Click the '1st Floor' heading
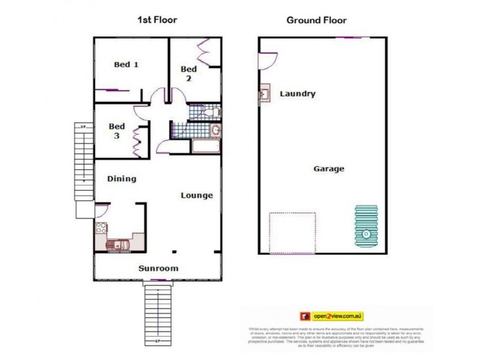tap(157, 20)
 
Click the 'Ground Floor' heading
tap(316, 20)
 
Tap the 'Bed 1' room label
tap(126, 64)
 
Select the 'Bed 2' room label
tap(188, 73)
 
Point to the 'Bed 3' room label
tap(116, 131)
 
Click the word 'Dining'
tap(121, 178)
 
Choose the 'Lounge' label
tap(197, 195)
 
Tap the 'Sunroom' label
tap(158, 268)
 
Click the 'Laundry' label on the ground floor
tap(297, 94)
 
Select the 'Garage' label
tap(329, 169)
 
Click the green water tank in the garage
tap(365, 230)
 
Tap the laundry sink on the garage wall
tap(264, 95)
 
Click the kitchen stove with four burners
tap(101, 229)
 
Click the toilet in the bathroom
tap(212, 112)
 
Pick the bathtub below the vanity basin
tap(206, 147)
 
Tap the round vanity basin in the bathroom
tap(215, 131)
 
